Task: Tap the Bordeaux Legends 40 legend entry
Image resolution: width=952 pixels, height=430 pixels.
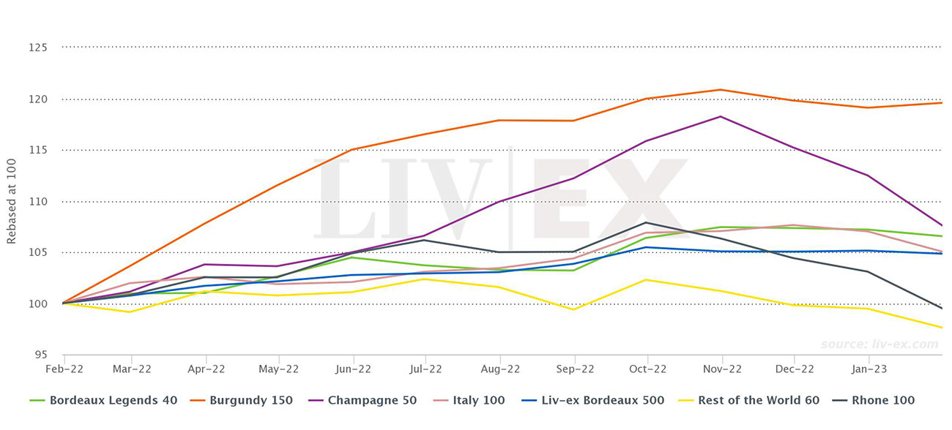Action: (x=103, y=400)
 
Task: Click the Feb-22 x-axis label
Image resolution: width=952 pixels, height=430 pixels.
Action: (x=64, y=369)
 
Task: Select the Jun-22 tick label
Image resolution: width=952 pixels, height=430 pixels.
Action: (x=354, y=369)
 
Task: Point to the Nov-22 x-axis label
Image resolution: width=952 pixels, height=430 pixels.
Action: (x=722, y=369)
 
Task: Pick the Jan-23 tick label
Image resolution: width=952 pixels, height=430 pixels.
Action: (x=869, y=369)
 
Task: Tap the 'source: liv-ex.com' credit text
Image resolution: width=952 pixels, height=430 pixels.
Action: (x=879, y=344)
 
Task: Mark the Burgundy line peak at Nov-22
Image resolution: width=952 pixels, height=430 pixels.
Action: (x=722, y=90)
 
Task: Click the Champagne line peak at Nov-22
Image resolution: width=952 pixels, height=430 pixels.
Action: (x=722, y=116)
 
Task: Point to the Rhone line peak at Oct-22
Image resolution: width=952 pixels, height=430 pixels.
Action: (x=646, y=222)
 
